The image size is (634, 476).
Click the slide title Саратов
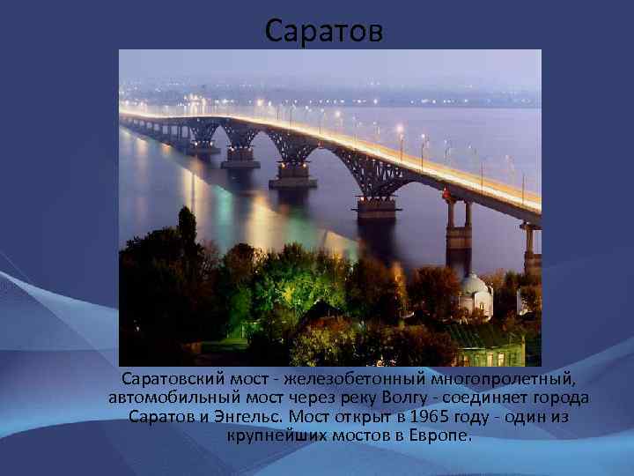click(x=324, y=32)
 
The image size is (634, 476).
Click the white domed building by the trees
click(x=475, y=295)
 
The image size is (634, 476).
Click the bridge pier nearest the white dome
click(x=458, y=238)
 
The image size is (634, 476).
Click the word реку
click(x=369, y=398)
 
